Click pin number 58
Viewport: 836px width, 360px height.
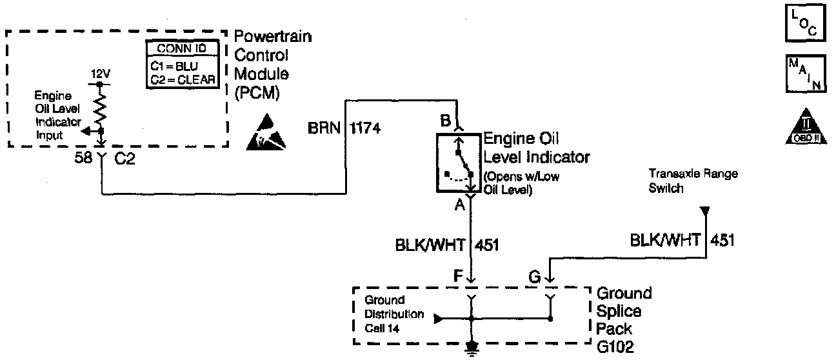[x=83, y=159]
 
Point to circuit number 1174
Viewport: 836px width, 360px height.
[x=364, y=128]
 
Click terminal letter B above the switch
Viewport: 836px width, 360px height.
[x=445, y=119]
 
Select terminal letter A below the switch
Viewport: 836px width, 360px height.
[x=459, y=205]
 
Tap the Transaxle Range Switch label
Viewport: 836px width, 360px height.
[x=692, y=181]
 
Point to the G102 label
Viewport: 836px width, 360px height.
[x=616, y=347]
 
